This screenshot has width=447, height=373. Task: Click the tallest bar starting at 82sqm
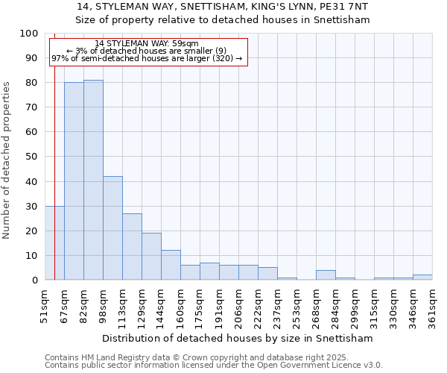tap(93, 180)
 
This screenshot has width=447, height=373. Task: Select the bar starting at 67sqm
tap(74, 181)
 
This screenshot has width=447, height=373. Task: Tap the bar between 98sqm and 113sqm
tap(112, 228)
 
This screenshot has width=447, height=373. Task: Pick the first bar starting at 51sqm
tap(54, 243)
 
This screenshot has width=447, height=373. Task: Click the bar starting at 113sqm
tap(132, 247)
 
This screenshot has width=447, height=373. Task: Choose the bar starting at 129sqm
tap(151, 257)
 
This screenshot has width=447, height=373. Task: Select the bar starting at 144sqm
tap(171, 265)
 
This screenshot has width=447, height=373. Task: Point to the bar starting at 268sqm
tap(326, 275)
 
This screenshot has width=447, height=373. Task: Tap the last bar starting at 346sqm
tap(422, 278)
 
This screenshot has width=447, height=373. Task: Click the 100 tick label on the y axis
tap(29, 34)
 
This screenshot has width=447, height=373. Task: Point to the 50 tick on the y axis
tap(32, 157)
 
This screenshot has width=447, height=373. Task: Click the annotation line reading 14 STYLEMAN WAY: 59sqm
tap(147, 44)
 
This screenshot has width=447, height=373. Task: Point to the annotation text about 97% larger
tap(147, 58)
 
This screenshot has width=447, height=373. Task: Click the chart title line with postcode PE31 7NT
tap(223, 7)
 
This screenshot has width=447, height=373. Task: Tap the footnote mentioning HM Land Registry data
tap(201, 357)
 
